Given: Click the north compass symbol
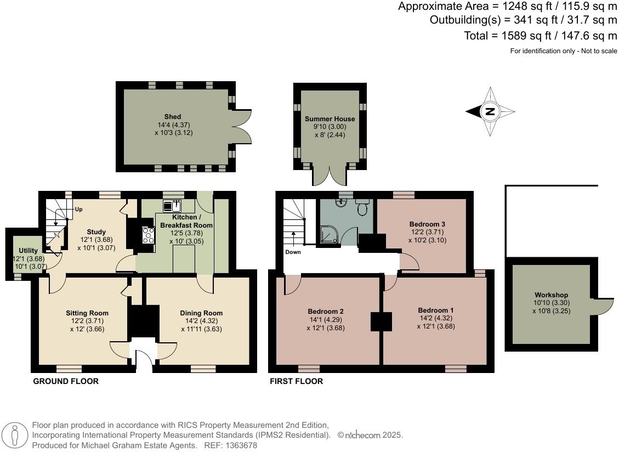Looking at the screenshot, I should point(490,112).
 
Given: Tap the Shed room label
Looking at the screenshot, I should point(173,117).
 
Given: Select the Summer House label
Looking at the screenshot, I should point(330,119).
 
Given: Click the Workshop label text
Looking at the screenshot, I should point(551,295).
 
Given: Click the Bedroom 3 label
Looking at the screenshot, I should point(427,224).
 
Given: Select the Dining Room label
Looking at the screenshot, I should point(201,313).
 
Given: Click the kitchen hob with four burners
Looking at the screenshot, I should point(149,235).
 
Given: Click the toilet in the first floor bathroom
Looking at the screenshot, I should point(362,208).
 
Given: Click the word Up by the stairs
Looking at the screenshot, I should point(78,210).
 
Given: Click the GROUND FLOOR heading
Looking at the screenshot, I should point(66,381).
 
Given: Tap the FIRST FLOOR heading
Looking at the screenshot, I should point(296,381).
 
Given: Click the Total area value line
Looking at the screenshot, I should point(540,36).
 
